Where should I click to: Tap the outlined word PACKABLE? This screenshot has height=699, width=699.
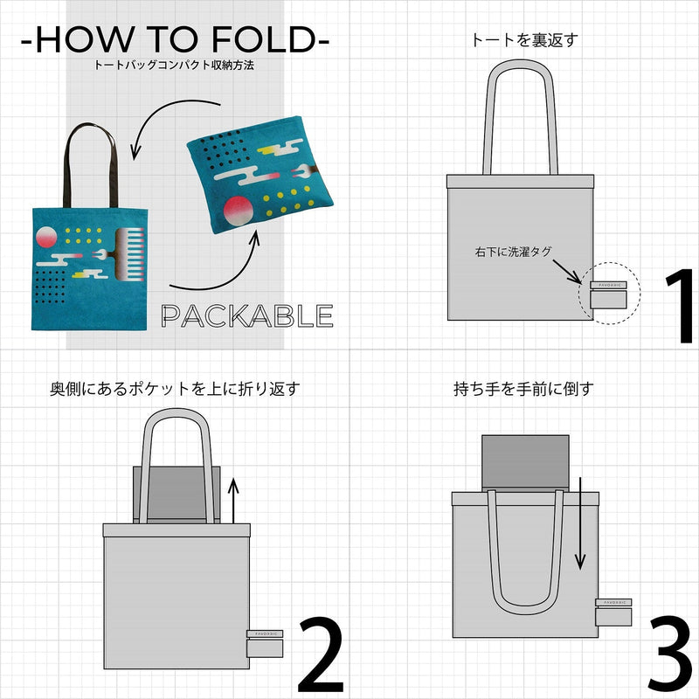click(x=248, y=315)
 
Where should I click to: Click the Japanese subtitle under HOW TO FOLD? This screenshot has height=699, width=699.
click(x=175, y=66)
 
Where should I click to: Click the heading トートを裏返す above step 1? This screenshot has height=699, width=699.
click(x=524, y=39)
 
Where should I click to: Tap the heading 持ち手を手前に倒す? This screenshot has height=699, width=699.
click(x=523, y=388)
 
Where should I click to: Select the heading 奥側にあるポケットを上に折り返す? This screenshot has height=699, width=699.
click(x=175, y=388)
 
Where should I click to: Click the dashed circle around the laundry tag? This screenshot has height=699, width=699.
click(x=609, y=294)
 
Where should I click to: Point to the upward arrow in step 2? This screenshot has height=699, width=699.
click(x=233, y=498)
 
